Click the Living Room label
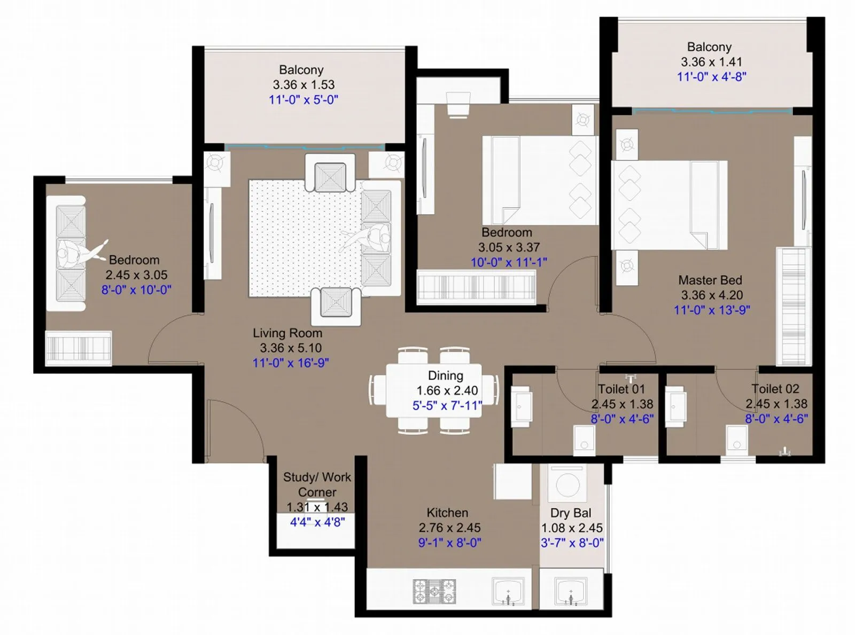click(x=287, y=333)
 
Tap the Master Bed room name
click(x=710, y=280)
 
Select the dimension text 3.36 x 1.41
click(x=711, y=62)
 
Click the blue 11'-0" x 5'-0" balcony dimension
click(x=304, y=100)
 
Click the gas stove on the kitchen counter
click(x=434, y=591)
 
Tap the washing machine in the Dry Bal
click(x=567, y=484)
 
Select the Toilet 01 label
click(x=621, y=389)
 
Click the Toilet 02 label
click(x=775, y=389)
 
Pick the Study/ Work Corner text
click(x=317, y=484)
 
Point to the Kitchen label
click(x=447, y=513)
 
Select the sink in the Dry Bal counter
click(x=571, y=592)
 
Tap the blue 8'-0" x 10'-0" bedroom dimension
click(x=136, y=290)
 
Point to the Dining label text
click(x=446, y=376)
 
